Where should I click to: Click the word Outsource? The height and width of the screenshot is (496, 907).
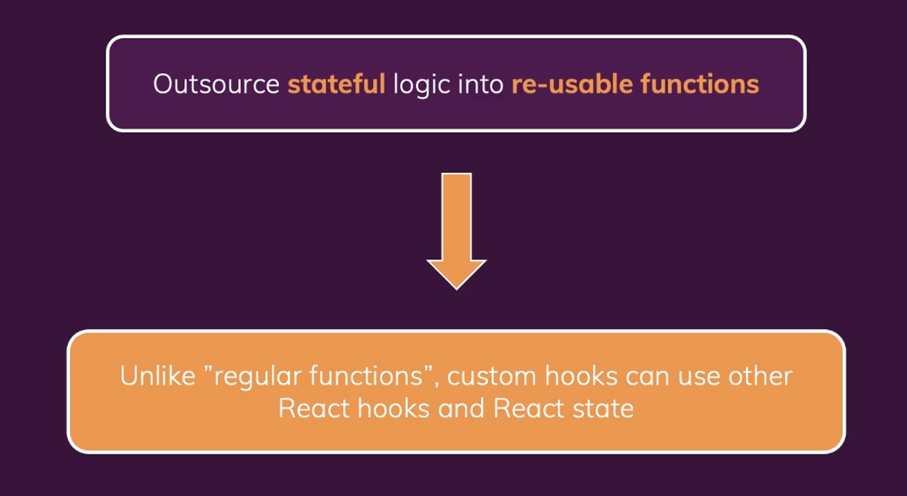pyautogui.click(x=216, y=84)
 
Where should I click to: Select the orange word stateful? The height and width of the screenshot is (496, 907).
pyautogui.click(x=336, y=84)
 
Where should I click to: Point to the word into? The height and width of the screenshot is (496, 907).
pyautogui.click(x=481, y=84)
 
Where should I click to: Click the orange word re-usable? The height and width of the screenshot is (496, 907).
pyautogui.click(x=572, y=84)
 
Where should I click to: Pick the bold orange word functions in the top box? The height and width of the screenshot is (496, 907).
pyautogui.click(x=700, y=84)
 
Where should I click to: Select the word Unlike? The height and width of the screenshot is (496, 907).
pyautogui.click(x=157, y=376)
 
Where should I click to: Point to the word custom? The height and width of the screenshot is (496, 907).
pyautogui.click(x=492, y=376)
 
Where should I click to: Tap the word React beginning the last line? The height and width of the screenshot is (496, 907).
pyautogui.click(x=314, y=409)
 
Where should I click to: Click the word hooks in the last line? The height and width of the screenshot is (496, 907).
pyautogui.click(x=394, y=409)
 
